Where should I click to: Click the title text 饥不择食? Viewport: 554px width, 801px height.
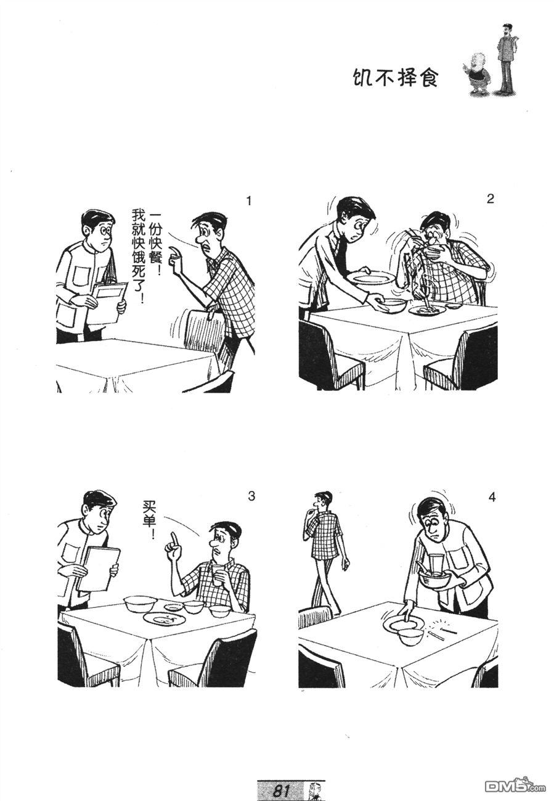click(x=394, y=78)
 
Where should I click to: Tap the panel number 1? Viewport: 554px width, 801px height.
click(x=249, y=201)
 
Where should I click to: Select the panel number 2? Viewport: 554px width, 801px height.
click(x=491, y=199)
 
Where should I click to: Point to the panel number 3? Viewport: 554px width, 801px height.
click(x=251, y=496)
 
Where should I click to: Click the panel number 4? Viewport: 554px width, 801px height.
click(x=492, y=497)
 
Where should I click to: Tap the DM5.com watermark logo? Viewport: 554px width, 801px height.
click(x=515, y=786)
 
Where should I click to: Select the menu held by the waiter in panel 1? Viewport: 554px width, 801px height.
click(x=107, y=303)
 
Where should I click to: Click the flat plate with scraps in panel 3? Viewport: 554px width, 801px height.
click(x=164, y=618)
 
